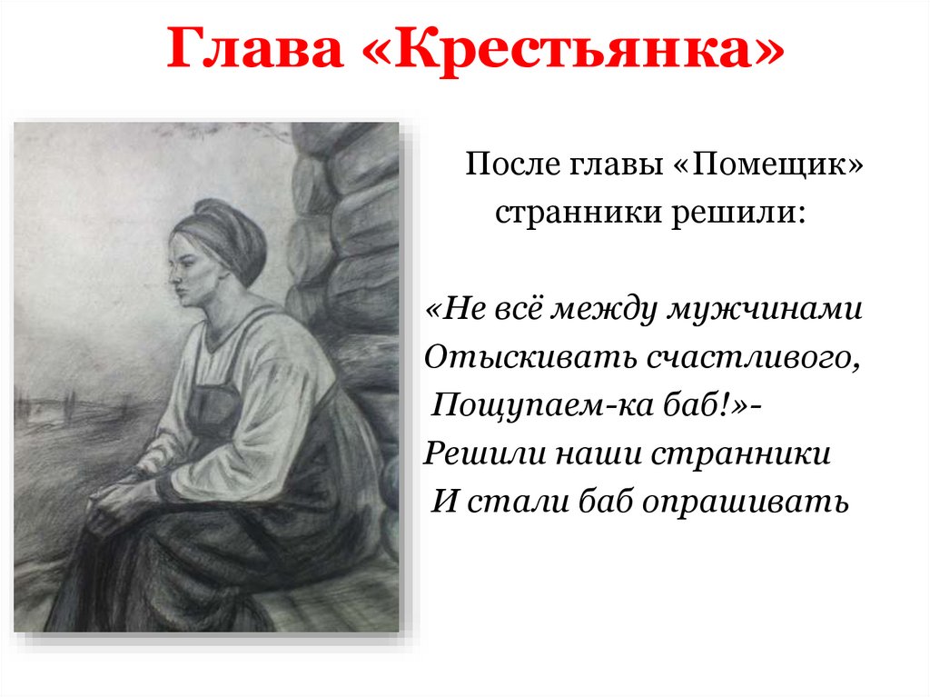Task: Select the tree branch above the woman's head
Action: tap(227, 135)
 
